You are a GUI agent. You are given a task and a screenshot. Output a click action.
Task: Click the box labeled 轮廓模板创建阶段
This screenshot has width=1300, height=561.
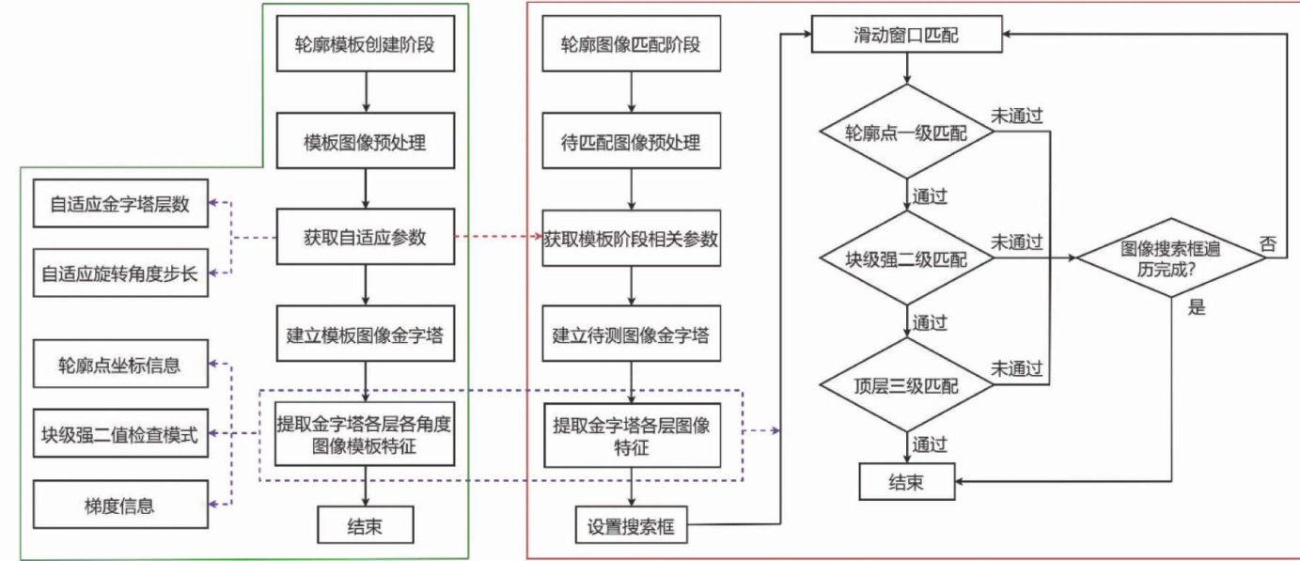[366, 43]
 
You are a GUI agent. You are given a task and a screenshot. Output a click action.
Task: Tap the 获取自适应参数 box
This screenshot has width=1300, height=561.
[366, 238]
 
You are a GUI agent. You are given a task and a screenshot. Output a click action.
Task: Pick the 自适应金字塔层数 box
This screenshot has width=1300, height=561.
[119, 204]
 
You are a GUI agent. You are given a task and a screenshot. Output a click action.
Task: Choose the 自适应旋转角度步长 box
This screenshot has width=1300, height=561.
[119, 273]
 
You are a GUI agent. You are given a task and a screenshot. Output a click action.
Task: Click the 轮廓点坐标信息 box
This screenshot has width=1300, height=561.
[119, 366]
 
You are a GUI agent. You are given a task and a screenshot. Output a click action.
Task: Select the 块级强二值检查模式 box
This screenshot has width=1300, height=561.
[119, 435]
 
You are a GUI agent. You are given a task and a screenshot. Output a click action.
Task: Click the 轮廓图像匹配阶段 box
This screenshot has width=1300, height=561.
[631, 43]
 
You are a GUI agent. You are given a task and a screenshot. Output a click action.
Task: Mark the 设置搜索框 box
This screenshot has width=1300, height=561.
[631, 524]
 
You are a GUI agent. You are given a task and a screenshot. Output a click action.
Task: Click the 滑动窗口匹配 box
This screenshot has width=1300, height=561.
[906, 36]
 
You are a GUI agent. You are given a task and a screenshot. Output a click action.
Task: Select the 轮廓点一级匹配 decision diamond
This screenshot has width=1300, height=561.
[906, 132]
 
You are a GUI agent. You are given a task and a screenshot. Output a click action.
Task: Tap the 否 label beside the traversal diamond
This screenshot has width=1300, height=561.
[1268, 242]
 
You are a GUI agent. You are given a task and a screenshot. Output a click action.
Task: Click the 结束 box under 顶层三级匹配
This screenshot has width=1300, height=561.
[906, 482]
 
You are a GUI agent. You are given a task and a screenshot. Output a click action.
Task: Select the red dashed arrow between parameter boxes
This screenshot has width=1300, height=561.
[499, 238]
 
